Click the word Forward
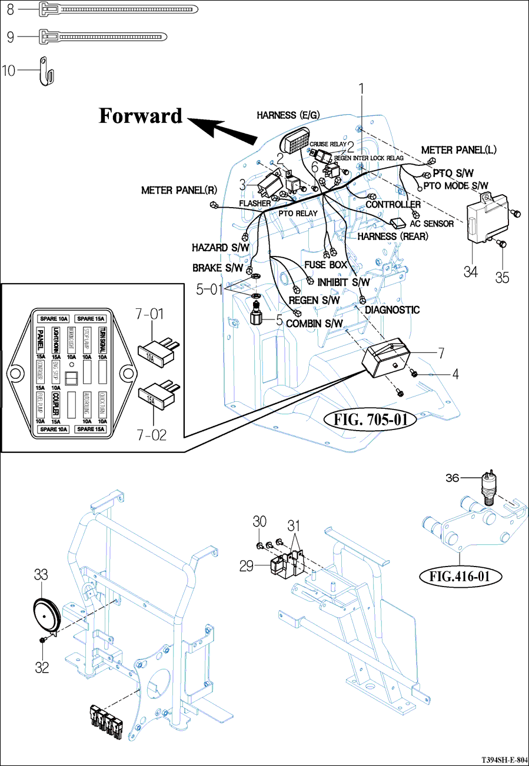141,116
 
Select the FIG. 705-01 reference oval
371,420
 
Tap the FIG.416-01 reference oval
459,575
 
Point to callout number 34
470,272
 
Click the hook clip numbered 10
46,71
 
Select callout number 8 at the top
10,9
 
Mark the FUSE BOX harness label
326,265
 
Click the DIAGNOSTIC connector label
392,309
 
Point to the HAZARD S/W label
221,248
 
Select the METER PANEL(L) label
459,150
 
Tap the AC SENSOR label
432,224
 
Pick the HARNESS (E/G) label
288,115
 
